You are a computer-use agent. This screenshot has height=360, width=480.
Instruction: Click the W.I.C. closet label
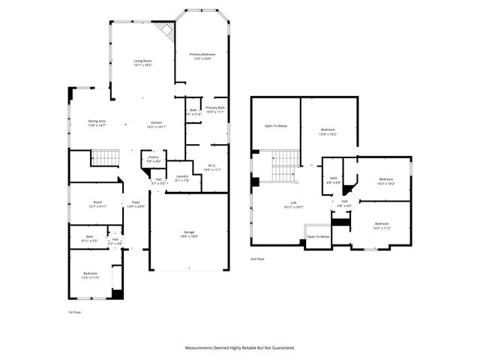(x=212, y=167)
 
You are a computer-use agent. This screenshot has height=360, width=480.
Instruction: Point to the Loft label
(x=293, y=205)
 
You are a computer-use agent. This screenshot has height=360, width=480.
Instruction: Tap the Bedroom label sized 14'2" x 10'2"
(x=385, y=181)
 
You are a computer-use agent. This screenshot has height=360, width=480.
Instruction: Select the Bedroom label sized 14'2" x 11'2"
(x=382, y=225)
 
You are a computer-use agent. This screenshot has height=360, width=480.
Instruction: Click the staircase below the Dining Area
(x=106, y=158)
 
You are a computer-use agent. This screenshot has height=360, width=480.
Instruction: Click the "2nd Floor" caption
(x=258, y=259)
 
